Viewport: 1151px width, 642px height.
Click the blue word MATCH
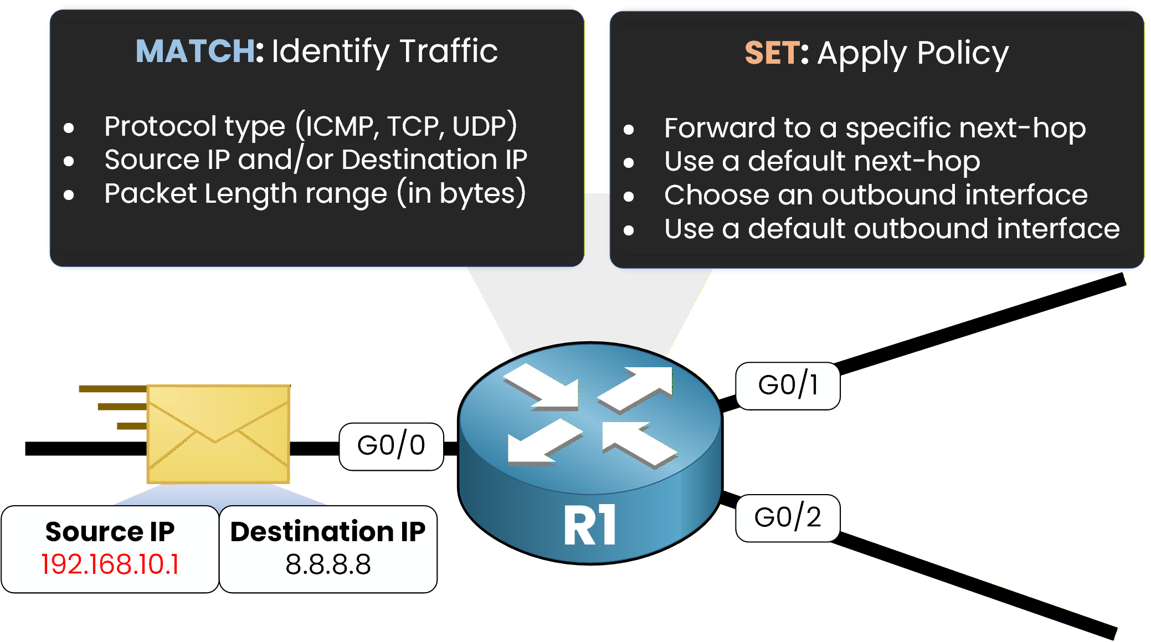(x=195, y=51)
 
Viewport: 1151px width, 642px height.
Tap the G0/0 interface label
(x=391, y=445)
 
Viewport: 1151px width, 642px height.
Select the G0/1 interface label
(x=787, y=385)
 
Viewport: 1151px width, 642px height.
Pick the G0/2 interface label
(x=787, y=517)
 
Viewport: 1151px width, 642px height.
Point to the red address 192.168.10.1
(x=110, y=564)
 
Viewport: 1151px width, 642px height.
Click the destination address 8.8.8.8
(x=328, y=564)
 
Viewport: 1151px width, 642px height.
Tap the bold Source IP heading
(x=110, y=532)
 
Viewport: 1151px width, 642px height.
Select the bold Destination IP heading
(x=328, y=532)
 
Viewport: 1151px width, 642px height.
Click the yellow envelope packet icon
(x=218, y=433)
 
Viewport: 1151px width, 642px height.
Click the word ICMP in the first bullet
(x=338, y=126)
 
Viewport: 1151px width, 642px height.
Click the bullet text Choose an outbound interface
(x=875, y=195)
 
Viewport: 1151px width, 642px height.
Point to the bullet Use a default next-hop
(x=821, y=161)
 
